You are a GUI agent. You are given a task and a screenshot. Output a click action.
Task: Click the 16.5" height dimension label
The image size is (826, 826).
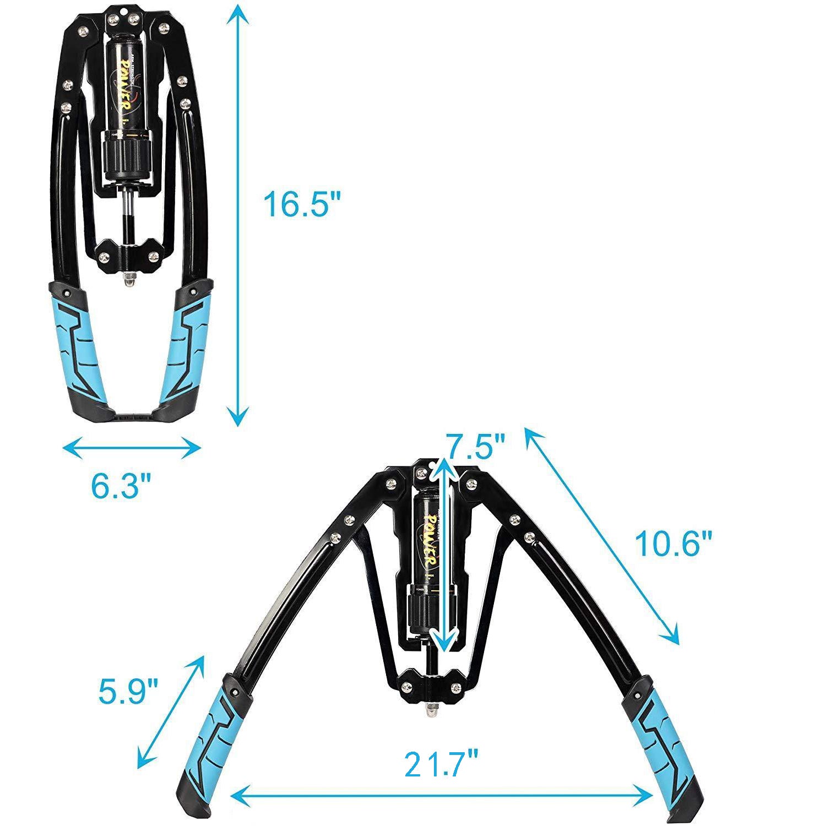click(302, 203)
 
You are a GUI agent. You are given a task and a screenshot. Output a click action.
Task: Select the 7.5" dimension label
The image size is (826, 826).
click(475, 446)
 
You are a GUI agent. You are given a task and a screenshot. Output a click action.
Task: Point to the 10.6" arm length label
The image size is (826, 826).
click(673, 544)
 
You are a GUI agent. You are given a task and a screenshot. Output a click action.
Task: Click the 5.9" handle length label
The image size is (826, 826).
click(129, 692)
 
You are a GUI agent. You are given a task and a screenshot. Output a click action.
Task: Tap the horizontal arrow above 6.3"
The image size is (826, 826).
click(131, 448)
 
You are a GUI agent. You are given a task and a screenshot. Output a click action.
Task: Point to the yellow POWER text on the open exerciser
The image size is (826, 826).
click(433, 539)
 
